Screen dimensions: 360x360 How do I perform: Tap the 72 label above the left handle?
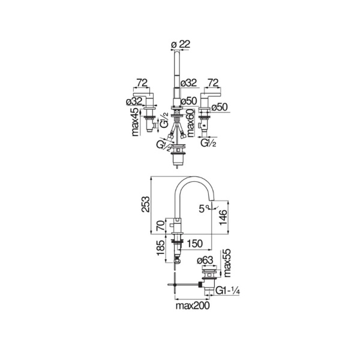[142, 82]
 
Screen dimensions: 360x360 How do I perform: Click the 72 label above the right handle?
[212, 82]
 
